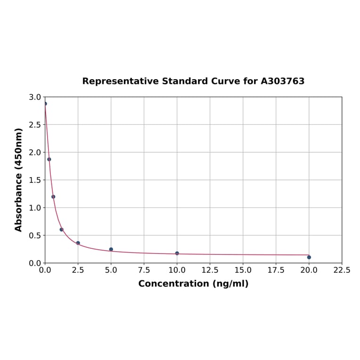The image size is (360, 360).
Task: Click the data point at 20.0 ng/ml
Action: pyautogui.click(x=309, y=257)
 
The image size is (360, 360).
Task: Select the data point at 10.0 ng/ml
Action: pyautogui.click(x=177, y=254)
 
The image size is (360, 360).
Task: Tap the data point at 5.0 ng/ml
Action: pyautogui.click(x=111, y=249)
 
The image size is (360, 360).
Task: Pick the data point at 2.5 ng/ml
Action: pyautogui.click(x=78, y=243)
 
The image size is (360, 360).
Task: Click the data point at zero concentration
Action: pyautogui.click(x=45, y=104)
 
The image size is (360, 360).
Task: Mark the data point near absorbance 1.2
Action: pyautogui.click(x=53, y=197)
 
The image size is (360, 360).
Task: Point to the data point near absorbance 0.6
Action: pyautogui.click(x=62, y=229)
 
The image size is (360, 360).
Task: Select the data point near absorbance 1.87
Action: pyautogui.click(x=49, y=159)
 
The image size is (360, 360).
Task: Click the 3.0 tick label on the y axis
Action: pyautogui.click(x=35, y=97)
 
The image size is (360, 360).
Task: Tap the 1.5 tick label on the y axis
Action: pyautogui.click(x=35, y=180)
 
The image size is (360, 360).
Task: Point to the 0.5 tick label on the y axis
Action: pyautogui.click(x=35, y=236)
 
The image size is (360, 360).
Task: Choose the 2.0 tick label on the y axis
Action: pyautogui.click(x=35, y=153)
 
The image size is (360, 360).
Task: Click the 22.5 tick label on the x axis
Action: pyautogui.click(x=342, y=270)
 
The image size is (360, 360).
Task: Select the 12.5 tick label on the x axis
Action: pyautogui.click(x=210, y=270)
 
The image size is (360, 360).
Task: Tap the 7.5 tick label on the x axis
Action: pyautogui.click(x=144, y=270)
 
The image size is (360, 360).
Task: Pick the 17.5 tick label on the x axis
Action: pyautogui.click(x=276, y=270)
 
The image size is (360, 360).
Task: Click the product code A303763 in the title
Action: pyautogui.click(x=282, y=82)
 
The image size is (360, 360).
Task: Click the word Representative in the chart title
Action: pyautogui.click(x=121, y=82)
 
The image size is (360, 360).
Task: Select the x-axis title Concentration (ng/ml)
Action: pyautogui.click(x=193, y=284)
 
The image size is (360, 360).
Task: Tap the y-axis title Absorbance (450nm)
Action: pyautogui.click(x=19, y=180)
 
